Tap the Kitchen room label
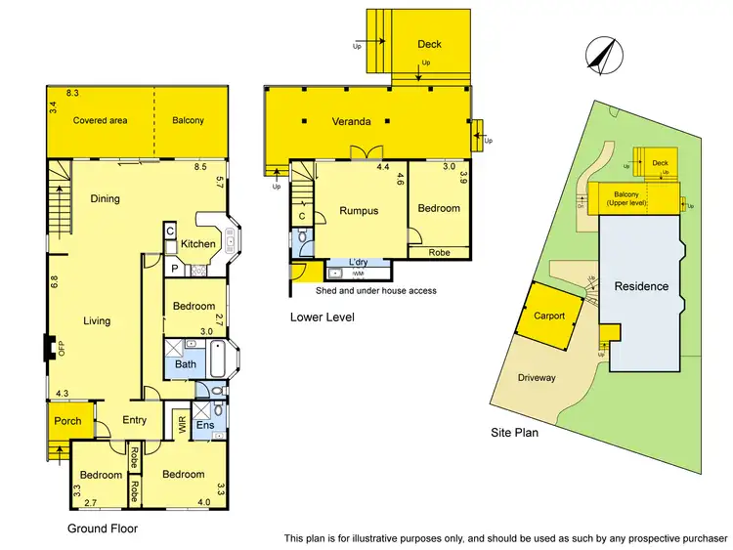point(198,243)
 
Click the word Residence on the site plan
point(641,286)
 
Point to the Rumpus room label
point(358,210)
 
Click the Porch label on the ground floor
point(67,422)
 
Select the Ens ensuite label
point(204,425)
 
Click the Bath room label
point(186,364)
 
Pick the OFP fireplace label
point(61,348)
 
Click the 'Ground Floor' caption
point(102,529)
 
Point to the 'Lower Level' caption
point(322,317)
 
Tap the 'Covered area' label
point(101,120)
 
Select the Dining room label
point(105,198)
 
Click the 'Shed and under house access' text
point(375,291)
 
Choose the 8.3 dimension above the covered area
point(71,93)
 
